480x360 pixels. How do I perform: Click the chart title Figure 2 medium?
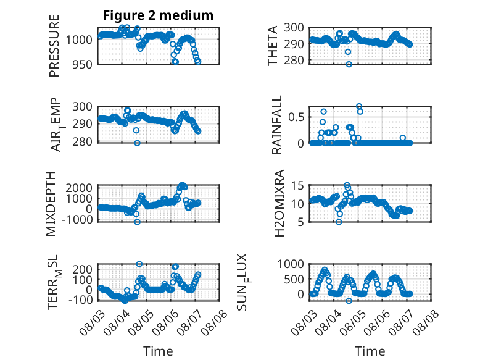159,15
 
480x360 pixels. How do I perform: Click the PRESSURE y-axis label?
54,46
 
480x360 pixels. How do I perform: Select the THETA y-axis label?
272,46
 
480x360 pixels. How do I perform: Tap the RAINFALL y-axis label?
276,125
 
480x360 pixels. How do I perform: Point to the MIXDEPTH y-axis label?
51,203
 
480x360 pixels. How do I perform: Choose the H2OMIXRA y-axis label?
279,203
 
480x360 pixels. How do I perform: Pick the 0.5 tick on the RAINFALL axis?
296,117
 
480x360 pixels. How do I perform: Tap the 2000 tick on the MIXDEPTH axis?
79,188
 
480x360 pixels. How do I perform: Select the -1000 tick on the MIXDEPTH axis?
77,220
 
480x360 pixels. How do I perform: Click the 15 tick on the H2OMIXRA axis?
297,186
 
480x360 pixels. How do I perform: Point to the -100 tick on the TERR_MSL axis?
80,300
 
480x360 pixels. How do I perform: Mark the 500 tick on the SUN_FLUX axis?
294,279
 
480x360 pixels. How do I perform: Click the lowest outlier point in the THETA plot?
349,64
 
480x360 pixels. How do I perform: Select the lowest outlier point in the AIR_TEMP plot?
138,143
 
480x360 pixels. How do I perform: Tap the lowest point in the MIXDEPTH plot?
137,222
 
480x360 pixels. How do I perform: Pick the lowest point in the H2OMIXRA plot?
339,222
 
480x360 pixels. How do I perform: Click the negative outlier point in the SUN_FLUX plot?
349,301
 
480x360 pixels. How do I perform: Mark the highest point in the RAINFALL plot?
359,106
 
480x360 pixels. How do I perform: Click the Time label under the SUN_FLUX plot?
370,351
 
